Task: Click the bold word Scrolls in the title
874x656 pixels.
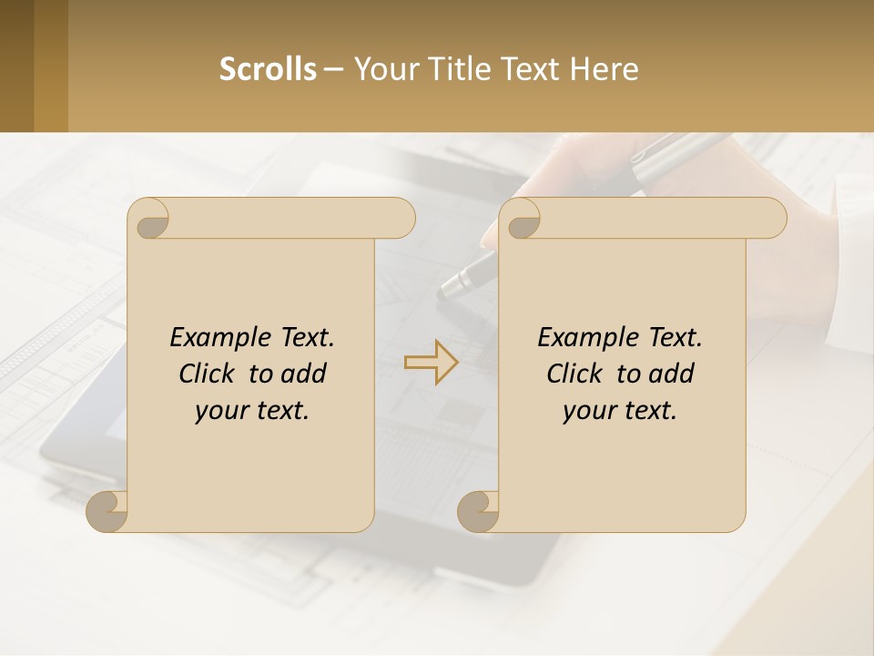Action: [x=268, y=69]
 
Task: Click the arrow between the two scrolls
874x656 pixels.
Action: [x=431, y=363]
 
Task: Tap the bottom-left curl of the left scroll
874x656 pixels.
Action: [x=107, y=511]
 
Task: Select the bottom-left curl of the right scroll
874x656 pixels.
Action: [x=478, y=511]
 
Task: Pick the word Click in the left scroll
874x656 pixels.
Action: [x=208, y=374]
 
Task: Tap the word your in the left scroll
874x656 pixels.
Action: [x=220, y=411]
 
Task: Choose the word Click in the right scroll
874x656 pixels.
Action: [x=576, y=374]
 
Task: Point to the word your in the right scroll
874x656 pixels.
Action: [x=588, y=411]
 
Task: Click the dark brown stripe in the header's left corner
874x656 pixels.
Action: [x=16, y=66]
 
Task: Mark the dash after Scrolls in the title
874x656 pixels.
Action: [x=333, y=70]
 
